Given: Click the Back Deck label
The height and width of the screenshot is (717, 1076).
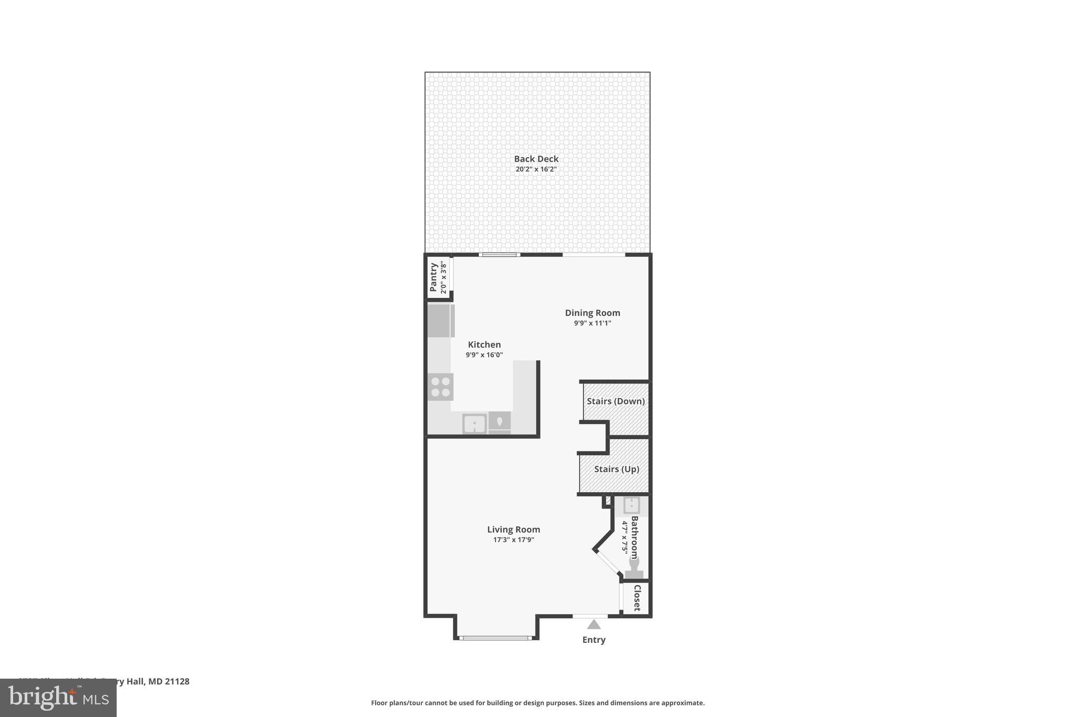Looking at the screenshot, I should (536, 159).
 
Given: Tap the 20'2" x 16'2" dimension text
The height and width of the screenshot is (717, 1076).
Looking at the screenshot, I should (536, 169).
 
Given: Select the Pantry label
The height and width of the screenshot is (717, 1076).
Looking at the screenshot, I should (433, 277).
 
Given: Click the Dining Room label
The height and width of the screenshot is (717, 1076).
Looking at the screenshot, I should (592, 313).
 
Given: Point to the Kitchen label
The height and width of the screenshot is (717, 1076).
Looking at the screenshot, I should (484, 345).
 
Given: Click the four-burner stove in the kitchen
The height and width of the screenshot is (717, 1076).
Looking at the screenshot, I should (440, 387).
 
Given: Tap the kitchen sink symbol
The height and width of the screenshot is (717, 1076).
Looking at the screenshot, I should (474, 423).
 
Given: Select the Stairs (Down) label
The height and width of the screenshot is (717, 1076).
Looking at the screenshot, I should (615, 401).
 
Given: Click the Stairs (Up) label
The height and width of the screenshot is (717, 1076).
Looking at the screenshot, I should (616, 469).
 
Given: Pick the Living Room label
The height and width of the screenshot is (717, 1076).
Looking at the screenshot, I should (513, 529).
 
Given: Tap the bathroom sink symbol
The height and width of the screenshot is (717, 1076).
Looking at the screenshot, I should (631, 505).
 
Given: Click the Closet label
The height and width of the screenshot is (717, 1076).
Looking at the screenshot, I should (637, 598).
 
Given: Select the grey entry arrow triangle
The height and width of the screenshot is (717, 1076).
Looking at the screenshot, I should (594, 625).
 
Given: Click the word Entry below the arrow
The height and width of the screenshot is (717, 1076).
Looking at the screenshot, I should (594, 640).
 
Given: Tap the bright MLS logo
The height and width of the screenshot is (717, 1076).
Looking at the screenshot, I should (58, 698).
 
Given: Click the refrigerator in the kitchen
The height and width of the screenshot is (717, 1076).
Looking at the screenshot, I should (440, 320).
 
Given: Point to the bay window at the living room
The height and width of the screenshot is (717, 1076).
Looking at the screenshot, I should (495, 638).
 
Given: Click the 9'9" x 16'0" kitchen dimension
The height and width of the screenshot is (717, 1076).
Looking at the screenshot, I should (484, 355).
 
